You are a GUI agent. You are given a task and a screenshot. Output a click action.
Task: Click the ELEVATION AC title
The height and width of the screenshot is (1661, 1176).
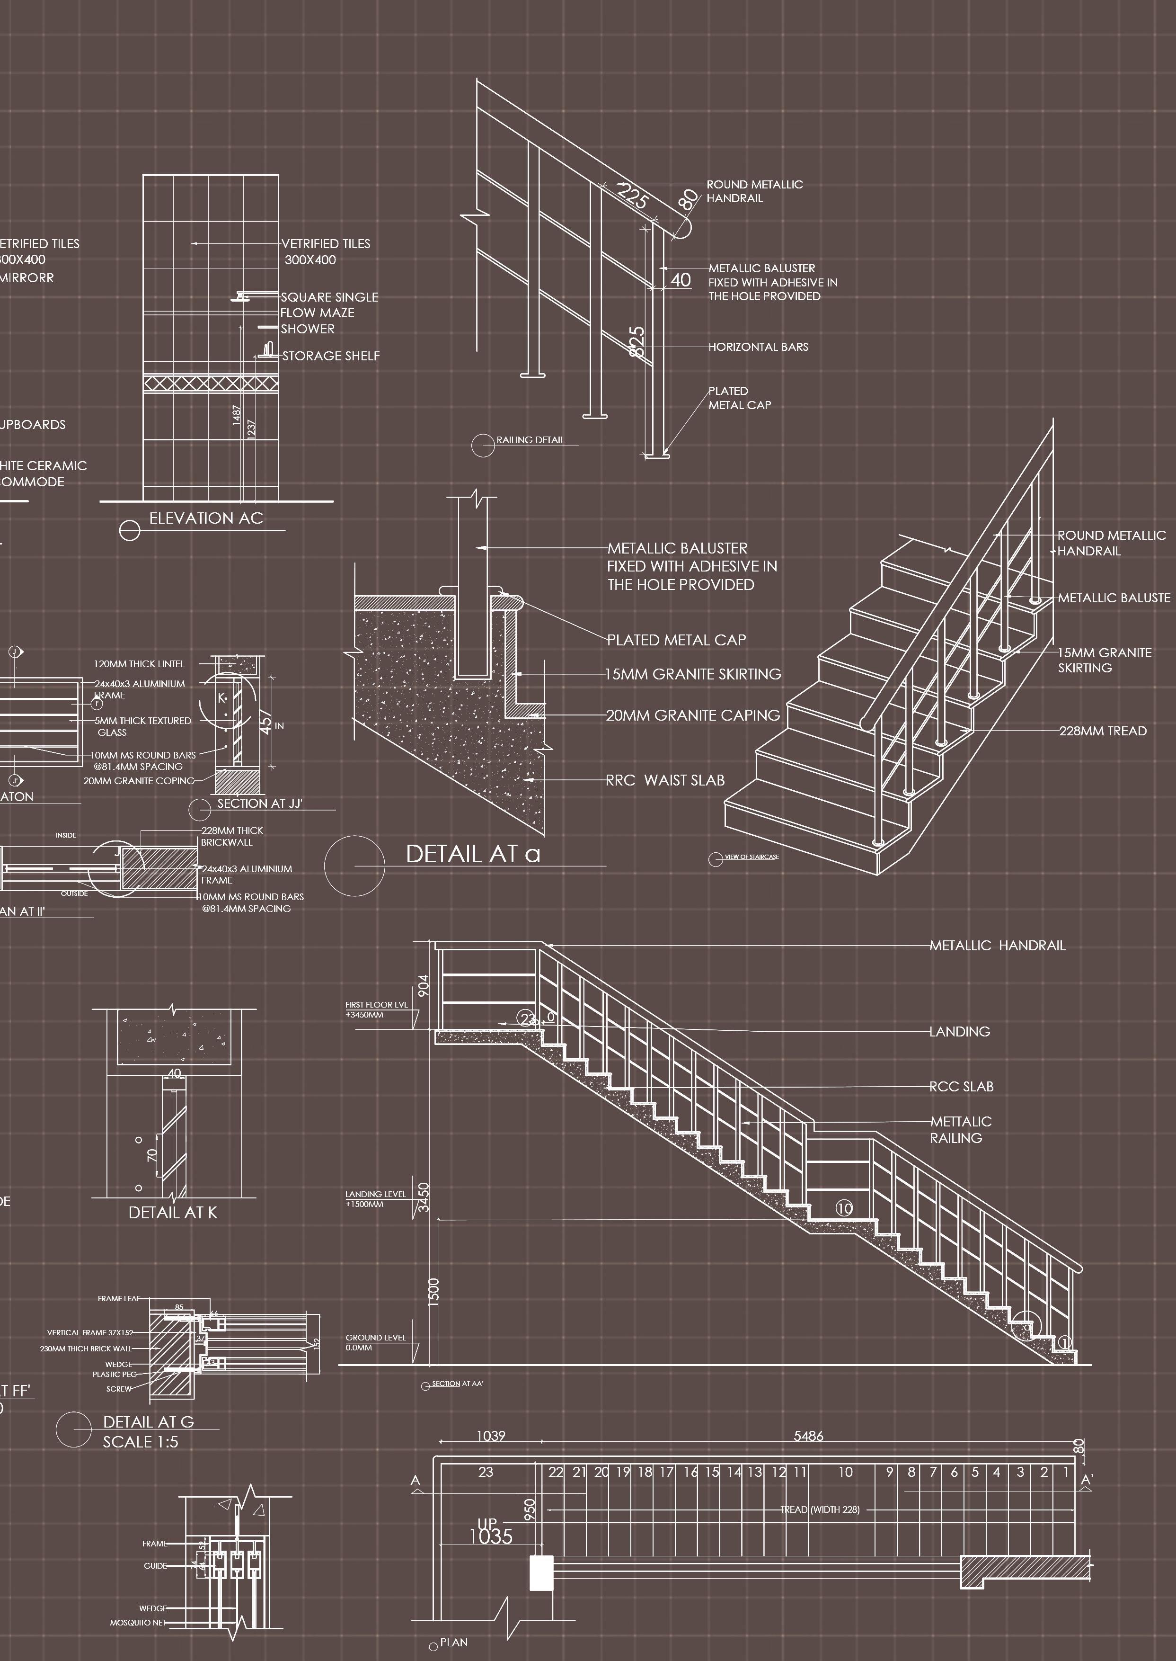click(x=206, y=518)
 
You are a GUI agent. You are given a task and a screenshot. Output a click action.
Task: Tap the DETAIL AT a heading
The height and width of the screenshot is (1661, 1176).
click(x=472, y=854)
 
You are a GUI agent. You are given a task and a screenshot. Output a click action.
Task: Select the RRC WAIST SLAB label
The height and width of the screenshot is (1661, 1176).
click(x=665, y=780)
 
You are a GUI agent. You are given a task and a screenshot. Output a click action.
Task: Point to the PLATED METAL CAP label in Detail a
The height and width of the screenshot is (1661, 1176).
click(x=676, y=640)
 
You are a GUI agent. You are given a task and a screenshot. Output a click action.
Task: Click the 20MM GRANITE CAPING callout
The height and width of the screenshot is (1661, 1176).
click(x=693, y=715)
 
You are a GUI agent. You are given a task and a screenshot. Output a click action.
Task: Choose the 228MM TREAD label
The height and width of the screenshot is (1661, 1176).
click(x=1102, y=731)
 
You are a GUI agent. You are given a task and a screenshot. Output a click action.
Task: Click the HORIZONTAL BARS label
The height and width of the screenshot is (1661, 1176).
click(x=758, y=347)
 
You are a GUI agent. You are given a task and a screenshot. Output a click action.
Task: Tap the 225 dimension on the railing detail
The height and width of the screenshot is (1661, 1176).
click(x=632, y=196)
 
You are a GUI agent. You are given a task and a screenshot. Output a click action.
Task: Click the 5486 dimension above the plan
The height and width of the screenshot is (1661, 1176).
click(x=808, y=1436)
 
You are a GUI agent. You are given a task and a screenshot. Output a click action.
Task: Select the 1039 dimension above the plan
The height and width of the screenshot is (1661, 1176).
click(x=490, y=1436)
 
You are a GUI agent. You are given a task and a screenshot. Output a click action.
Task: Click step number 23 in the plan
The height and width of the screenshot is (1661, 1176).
click(x=486, y=1472)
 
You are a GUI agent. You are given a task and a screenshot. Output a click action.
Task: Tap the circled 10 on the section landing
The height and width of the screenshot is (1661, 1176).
click(x=844, y=1208)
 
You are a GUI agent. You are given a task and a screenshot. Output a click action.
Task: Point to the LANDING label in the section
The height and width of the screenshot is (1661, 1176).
click(x=959, y=1032)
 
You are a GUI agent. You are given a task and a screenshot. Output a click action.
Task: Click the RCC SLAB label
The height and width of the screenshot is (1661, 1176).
click(x=961, y=1087)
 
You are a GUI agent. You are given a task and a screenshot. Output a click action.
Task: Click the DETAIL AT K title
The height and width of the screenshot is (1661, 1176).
click(x=172, y=1213)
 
